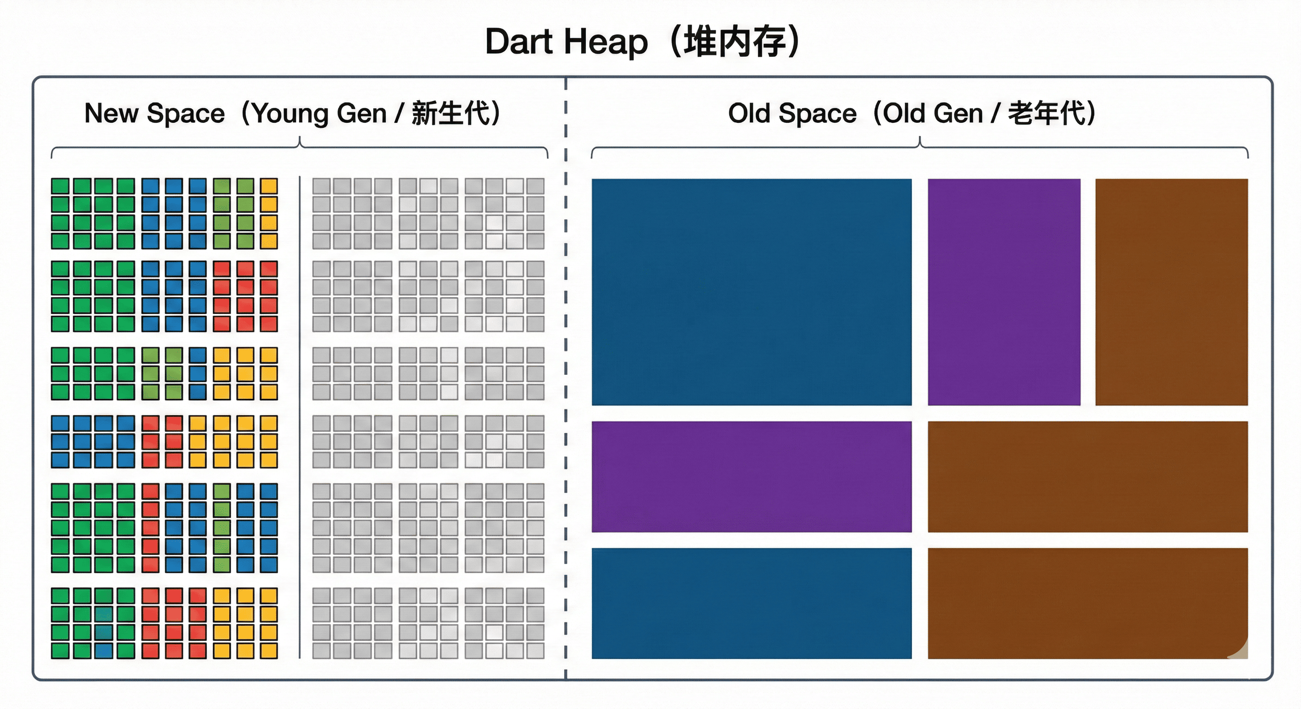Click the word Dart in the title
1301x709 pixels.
(x=519, y=42)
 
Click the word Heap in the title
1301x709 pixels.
(x=606, y=42)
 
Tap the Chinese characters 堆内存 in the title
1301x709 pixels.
(x=735, y=42)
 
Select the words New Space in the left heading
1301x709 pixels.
(x=154, y=113)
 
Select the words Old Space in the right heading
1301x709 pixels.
(x=792, y=113)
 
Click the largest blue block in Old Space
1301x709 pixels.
(x=752, y=292)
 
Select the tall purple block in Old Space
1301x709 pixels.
(x=1003, y=292)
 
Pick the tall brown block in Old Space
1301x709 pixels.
(x=1171, y=292)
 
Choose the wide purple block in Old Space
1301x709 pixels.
(x=752, y=476)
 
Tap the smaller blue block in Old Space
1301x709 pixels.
(x=752, y=603)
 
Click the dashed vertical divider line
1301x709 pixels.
(x=565, y=379)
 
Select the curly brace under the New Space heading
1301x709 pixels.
(x=299, y=146)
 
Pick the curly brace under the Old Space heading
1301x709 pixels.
(x=919, y=146)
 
